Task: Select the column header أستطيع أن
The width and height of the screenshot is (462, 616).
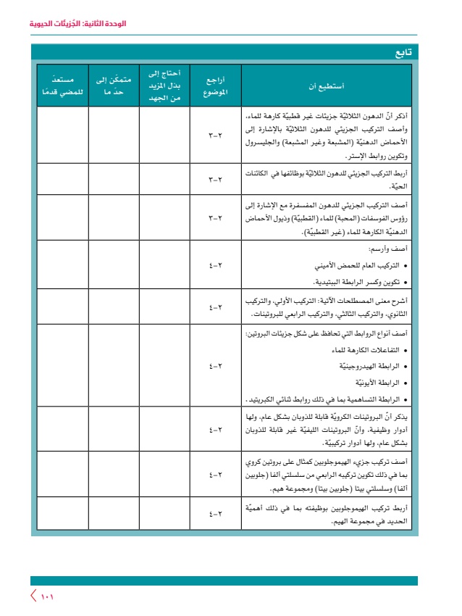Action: click(327, 87)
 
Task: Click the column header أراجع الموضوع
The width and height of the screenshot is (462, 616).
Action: click(215, 87)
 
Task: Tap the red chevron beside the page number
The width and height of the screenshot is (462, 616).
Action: click(33, 597)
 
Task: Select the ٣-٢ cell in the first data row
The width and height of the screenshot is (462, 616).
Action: click(215, 136)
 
